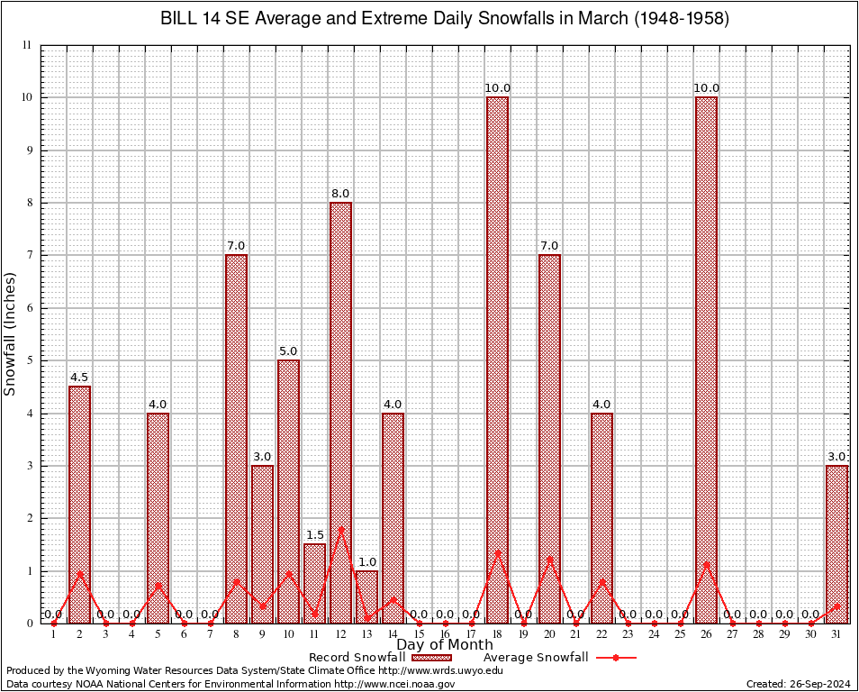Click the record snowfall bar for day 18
point(497,360)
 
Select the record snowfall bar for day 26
point(706,360)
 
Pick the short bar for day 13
point(366,596)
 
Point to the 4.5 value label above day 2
point(79,378)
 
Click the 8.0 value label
point(340,194)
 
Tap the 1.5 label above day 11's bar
point(314,535)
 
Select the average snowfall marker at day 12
point(340,528)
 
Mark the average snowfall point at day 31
point(836,606)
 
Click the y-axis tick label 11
point(26,45)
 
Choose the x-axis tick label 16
point(445,635)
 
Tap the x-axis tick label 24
point(654,635)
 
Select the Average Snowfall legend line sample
point(616,658)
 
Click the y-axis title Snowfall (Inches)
point(11,333)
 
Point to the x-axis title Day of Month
point(445,645)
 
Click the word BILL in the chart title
point(178,18)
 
